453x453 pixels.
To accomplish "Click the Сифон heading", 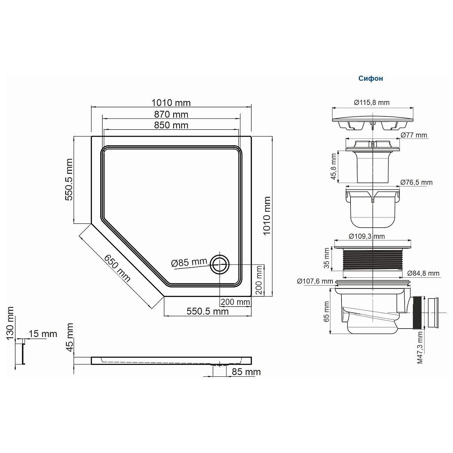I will click(370, 78).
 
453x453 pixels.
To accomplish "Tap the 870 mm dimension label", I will click(171, 114).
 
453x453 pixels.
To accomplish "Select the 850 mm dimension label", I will click(171, 125).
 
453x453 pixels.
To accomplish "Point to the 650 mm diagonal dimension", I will click(117, 269).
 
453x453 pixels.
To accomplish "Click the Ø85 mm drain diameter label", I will click(189, 262).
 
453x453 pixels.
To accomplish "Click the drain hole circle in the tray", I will click(220, 264).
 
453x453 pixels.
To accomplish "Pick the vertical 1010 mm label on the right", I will click(267, 216).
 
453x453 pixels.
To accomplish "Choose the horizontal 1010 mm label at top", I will click(171, 103).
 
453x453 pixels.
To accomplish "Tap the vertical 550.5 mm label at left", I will click(69, 179).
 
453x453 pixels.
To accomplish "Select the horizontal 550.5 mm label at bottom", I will click(208, 311).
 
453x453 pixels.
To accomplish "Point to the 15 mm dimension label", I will click(43, 334).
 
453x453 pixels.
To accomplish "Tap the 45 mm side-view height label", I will click(70, 337).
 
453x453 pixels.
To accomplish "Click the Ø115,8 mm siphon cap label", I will click(371, 102).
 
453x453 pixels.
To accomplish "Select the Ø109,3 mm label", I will click(367, 236).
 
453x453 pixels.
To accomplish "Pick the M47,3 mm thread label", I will click(420, 347).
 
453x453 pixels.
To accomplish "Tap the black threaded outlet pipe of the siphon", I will click(417, 313).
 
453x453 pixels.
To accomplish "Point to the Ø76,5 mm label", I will click(416, 182).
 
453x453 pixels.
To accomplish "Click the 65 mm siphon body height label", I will click(327, 312).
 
